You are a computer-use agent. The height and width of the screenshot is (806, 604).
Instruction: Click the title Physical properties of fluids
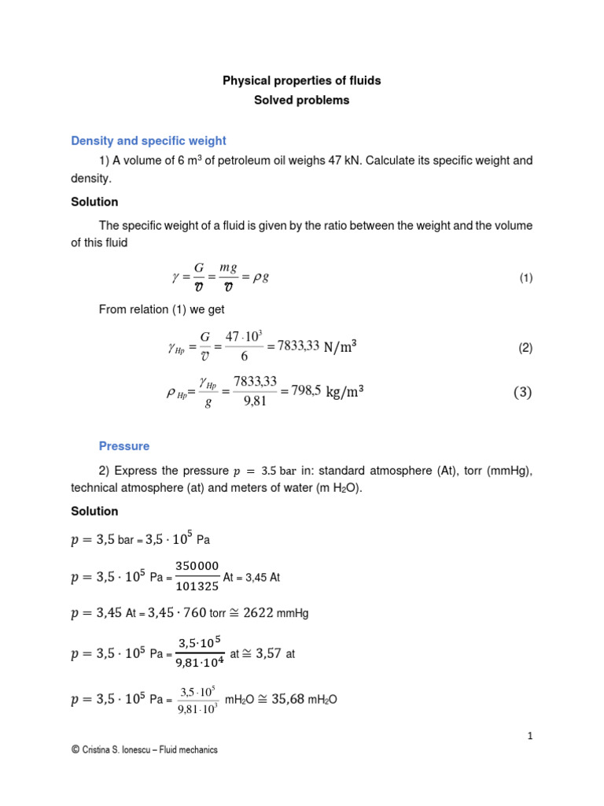[x=302, y=80]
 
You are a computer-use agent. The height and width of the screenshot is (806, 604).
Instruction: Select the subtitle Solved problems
[x=302, y=101]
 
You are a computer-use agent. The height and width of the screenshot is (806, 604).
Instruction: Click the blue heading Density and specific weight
[x=149, y=141]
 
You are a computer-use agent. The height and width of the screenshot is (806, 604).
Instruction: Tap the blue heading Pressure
[x=123, y=446]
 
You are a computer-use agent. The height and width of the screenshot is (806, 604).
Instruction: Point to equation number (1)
[x=525, y=278]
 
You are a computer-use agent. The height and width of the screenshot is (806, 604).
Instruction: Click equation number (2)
[x=525, y=347]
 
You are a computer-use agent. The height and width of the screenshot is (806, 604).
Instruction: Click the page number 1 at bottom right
[x=530, y=736]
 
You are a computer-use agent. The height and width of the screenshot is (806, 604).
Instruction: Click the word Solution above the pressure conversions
[x=94, y=512]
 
